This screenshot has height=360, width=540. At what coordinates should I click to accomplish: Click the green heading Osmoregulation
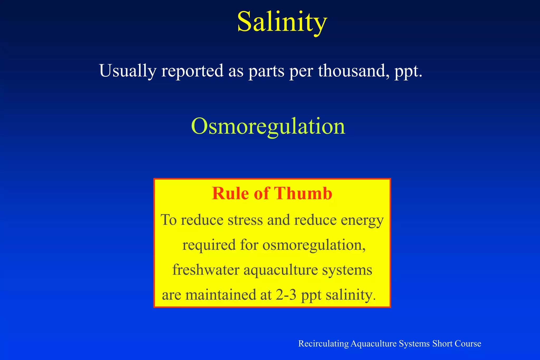(268, 127)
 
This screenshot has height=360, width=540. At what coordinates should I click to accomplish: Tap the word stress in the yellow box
(245, 220)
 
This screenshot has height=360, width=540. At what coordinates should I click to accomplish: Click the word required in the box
(209, 245)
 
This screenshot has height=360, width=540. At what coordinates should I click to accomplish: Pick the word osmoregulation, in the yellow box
(314, 245)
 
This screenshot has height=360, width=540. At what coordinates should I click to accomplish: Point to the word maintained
(221, 295)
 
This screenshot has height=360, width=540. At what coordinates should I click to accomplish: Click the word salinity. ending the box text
(350, 295)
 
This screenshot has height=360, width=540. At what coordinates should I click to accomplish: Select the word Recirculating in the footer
(323, 344)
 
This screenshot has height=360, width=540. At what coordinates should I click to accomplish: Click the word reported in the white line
(192, 71)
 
